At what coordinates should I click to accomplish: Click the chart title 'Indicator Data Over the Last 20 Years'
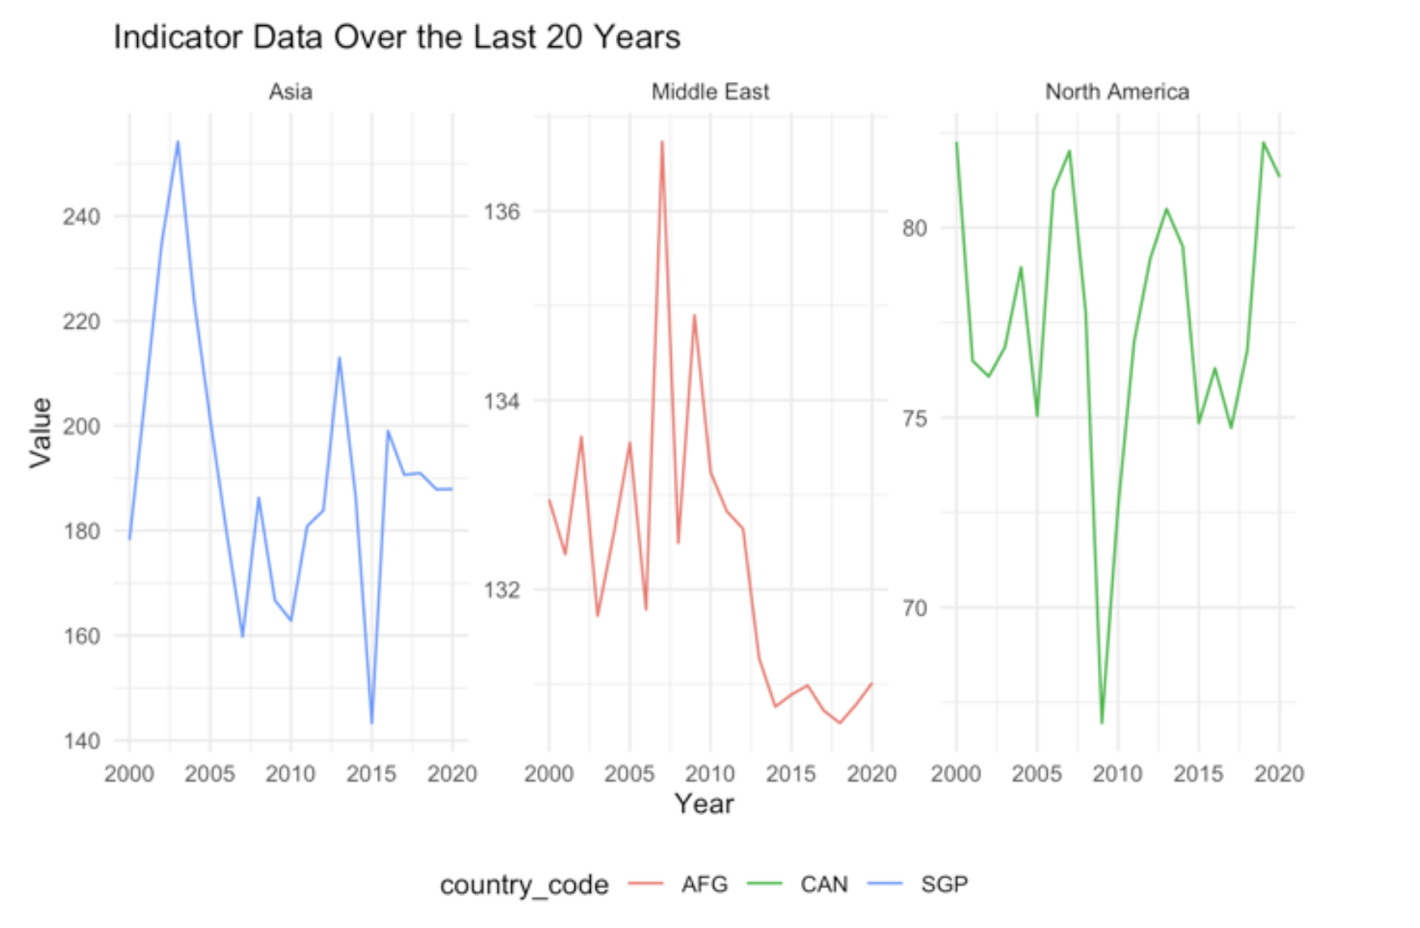[x=397, y=37]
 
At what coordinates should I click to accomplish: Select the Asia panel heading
[x=290, y=92]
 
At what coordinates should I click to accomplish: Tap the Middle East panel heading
[x=710, y=92]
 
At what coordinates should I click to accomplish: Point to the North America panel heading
[x=1117, y=92]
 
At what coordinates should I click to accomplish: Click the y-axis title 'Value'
[x=41, y=432]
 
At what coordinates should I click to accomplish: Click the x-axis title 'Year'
[x=704, y=804]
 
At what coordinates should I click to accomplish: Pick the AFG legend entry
[x=704, y=884]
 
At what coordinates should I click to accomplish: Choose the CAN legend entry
[x=823, y=884]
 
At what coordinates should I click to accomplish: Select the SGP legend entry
[x=944, y=884]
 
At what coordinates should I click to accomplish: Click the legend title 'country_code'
[x=524, y=884]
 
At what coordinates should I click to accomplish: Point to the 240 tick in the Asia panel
[x=81, y=217]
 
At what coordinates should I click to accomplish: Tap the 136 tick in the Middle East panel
[x=501, y=212]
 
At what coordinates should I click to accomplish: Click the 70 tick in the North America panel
[x=914, y=608]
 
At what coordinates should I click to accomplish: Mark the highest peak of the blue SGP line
[x=178, y=142]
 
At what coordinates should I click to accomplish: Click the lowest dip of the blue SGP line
[x=372, y=723]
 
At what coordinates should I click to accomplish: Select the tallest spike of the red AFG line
[x=662, y=142]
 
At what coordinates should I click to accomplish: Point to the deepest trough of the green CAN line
[x=1102, y=722]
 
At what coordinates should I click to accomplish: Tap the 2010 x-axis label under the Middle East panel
[x=710, y=774]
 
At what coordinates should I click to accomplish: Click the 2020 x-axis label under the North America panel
[x=1279, y=774]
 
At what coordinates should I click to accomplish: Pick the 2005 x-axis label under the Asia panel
[x=209, y=774]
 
